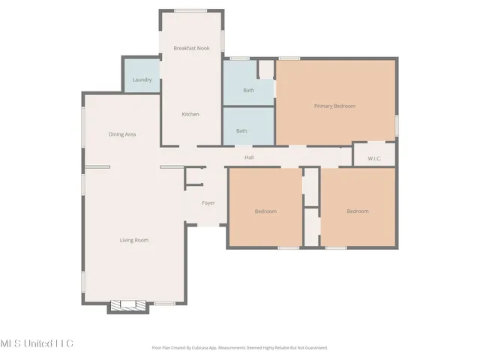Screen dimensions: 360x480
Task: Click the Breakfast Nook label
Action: [x=191, y=48]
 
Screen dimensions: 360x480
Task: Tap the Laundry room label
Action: [x=142, y=79]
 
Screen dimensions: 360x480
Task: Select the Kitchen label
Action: [x=190, y=114]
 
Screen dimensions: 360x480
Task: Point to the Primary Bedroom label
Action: [x=334, y=106]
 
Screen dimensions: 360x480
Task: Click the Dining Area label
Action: [x=121, y=134]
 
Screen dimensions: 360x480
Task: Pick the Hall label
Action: [x=249, y=157]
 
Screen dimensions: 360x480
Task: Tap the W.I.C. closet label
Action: [x=373, y=158]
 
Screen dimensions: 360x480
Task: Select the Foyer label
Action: [x=208, y=203]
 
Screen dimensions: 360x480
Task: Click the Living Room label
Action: [x=134, y=240]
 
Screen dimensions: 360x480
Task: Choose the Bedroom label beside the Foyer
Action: [x=265, y=211]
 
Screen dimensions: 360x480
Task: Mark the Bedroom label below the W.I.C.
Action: [x=357, y=211]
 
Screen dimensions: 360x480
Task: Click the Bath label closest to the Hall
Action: [x=241, y=130]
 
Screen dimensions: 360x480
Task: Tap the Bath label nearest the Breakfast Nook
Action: [x=248, y=91]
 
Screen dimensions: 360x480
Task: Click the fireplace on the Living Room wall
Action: [x=128, y=306]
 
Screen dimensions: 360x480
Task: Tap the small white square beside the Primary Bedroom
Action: [x=265, y=70]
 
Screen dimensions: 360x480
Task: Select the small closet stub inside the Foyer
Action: [x=194, y=177]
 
